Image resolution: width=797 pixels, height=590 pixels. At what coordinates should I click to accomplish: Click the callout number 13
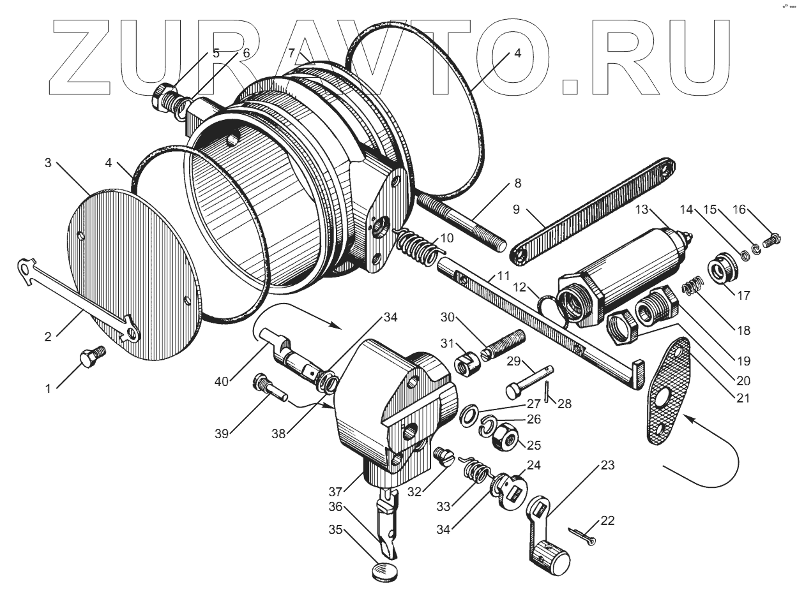(x=641, y=210)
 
